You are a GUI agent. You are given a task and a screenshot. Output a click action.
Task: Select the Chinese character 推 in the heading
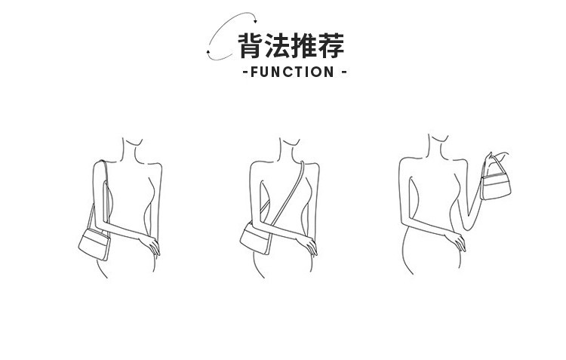pos(305,46)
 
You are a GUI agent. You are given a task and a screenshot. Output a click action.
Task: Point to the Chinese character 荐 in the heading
pos(331,46)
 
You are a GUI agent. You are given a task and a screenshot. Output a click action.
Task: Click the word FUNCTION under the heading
pos(291,72)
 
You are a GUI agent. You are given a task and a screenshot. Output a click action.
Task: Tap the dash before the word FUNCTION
pos(244,72)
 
